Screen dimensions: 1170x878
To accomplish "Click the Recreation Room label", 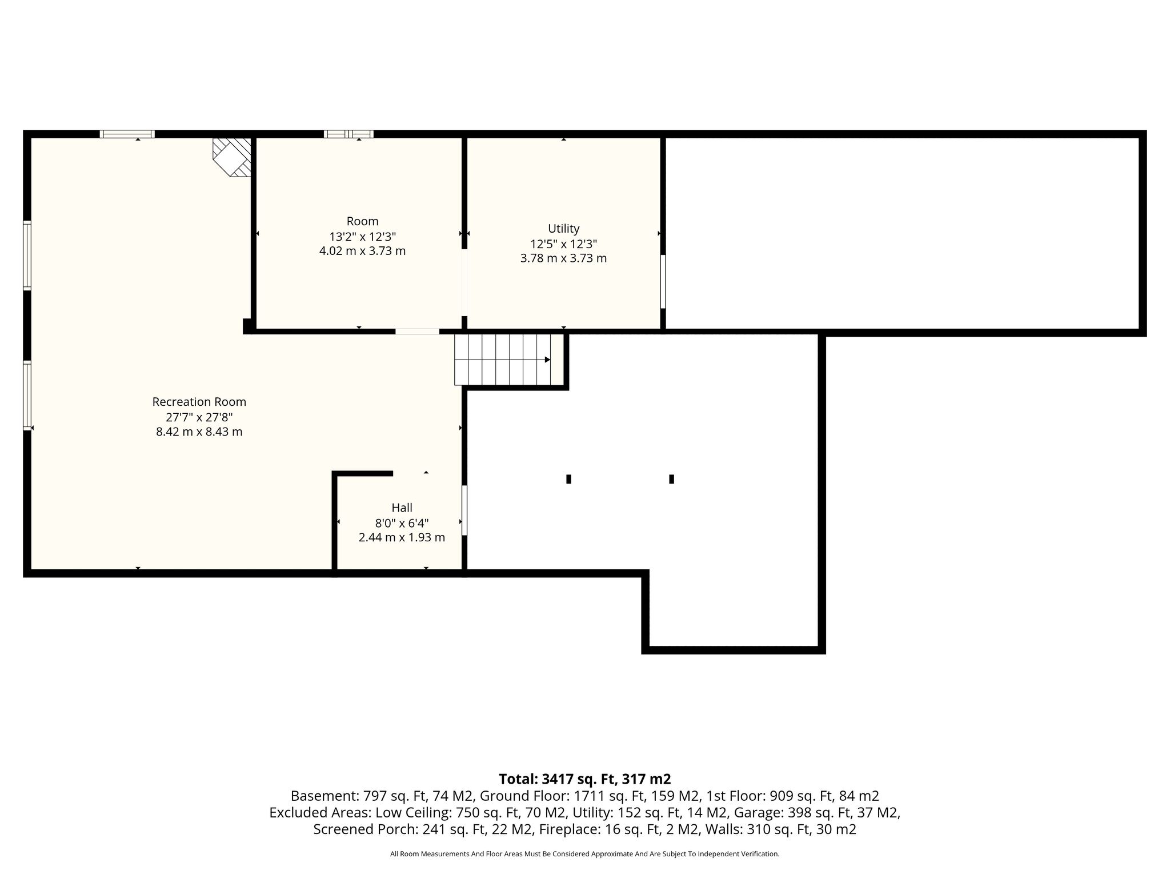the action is (199, 402).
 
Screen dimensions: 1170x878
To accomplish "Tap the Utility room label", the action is (564, 229).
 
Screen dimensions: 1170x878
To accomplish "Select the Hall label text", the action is (402, 508).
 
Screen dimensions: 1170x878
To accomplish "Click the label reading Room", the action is (363, 221).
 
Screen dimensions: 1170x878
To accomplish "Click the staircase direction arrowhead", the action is (547, 360).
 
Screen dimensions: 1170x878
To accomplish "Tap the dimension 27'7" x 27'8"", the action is (199, 417).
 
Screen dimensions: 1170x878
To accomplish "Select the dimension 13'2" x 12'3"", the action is (363, 237).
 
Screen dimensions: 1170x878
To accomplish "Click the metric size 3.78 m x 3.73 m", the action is (563, 258).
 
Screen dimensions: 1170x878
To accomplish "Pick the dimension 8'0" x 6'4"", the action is (402, 523).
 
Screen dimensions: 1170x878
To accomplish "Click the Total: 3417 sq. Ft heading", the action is (585, 779).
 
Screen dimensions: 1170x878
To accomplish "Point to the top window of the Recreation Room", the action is (127, 134).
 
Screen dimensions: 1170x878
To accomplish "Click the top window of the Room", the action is (348, 134).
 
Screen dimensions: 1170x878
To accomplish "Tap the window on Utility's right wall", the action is (663, 281).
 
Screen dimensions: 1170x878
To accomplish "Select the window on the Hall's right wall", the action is (464, 510).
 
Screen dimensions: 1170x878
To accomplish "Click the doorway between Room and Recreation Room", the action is (418, 332).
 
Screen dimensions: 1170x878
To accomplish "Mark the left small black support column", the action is (568, 479).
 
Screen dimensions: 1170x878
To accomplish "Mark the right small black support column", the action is (671, 479).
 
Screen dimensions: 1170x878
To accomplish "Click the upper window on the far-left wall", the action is (27, 256).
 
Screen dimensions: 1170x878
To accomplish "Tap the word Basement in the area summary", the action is (316, 796).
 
